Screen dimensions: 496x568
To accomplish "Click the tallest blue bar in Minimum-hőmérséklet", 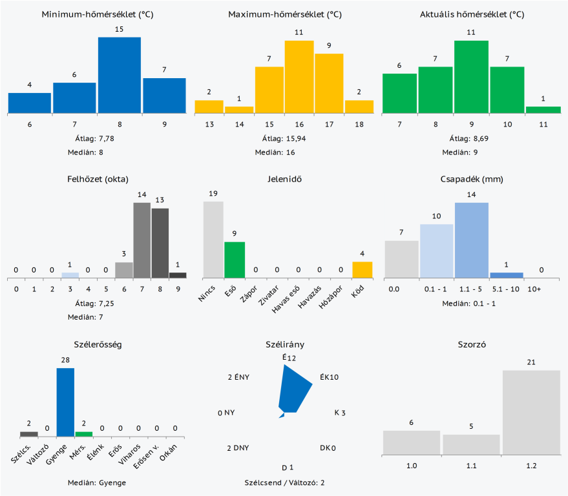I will pyautogui.click(x=119, y=75).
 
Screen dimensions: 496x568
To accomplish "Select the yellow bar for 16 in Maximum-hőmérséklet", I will pyautogui.click(x=299, y=77).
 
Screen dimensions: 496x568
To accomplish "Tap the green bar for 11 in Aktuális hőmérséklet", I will pyautogui.click(x=543, y=110).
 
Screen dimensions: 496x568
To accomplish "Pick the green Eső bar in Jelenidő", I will pyautogui.click(x=235, y=260).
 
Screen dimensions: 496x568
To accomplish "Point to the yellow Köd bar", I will pyautogui.click(x=362, y=270).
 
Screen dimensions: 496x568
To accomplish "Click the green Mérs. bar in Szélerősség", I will pyautogui.click(x=84, y=433).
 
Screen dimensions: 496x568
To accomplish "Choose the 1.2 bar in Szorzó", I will pyautogui.click(x=531, y=412).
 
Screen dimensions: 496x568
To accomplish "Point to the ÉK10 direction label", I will pyautogui.click(x=329, y=377).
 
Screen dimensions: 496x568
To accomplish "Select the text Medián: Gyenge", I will pyautogui.click(x=97, y=482).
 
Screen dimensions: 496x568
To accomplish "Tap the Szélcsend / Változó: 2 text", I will pyautogui.click(x=284, y=482).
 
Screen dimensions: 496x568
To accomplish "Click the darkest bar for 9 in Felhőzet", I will pyautogui.click(x=178, y=274).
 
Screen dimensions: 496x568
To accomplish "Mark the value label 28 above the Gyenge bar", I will pyautogui.click(x=65, y=362).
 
